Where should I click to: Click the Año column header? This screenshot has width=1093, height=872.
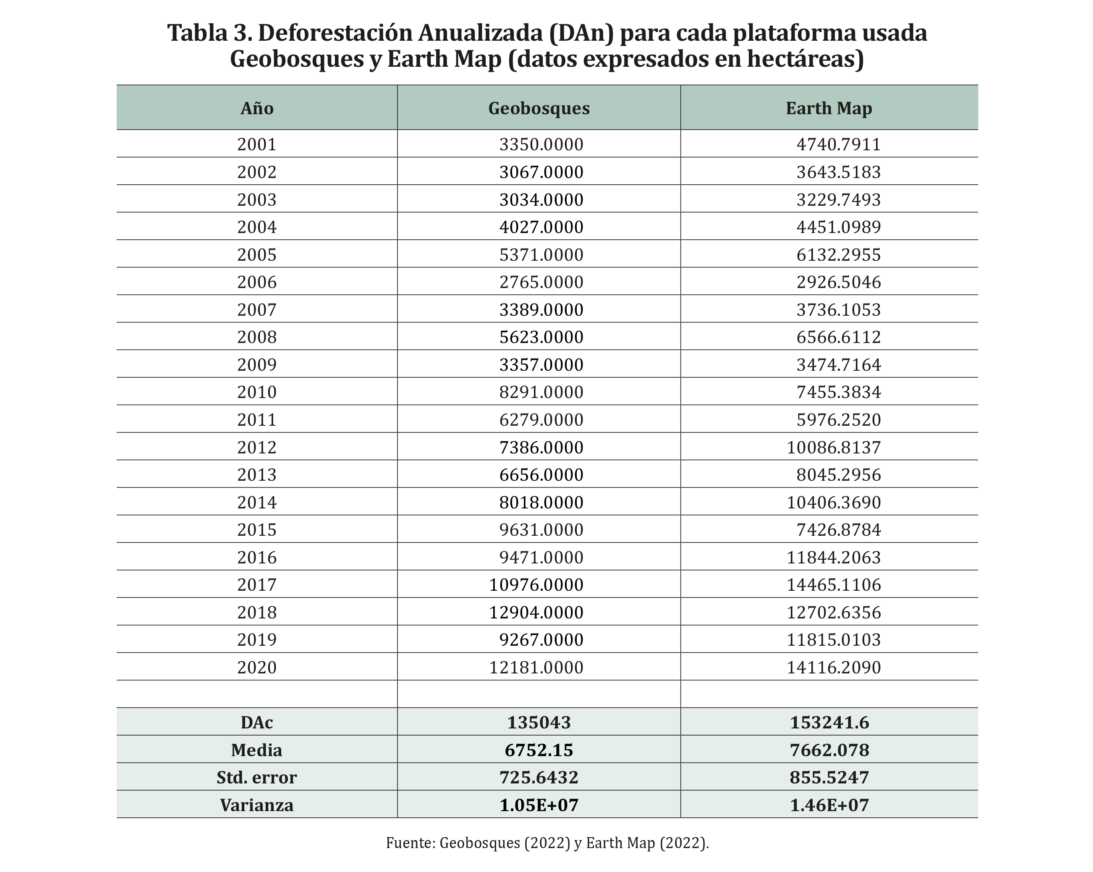coord(256,108)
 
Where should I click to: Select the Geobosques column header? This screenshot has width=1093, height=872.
coord(539,108)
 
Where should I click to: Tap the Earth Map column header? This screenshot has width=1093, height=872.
coord(829,108)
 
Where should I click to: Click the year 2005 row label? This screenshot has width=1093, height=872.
coord(256,254)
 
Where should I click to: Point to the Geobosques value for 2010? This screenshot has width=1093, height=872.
coord(541,392)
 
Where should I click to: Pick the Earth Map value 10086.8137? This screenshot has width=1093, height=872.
coord(834,447)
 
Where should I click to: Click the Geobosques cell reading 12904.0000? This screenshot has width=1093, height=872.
coord(536,613)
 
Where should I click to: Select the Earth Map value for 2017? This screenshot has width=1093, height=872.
coord(834,584)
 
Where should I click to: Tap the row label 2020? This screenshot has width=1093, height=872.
coord(256,667)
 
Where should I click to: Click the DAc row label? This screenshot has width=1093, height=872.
coord(256,723)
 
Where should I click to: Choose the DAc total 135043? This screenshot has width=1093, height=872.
coord(539,723)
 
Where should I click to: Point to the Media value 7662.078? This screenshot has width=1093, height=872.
coord(829,750)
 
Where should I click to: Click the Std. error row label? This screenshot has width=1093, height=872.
coord(256,777)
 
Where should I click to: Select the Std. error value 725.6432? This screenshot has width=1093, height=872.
coord(539,777)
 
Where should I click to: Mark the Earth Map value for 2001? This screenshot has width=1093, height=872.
coord(839,144)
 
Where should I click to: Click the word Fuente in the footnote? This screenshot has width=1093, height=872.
coord(410,843)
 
